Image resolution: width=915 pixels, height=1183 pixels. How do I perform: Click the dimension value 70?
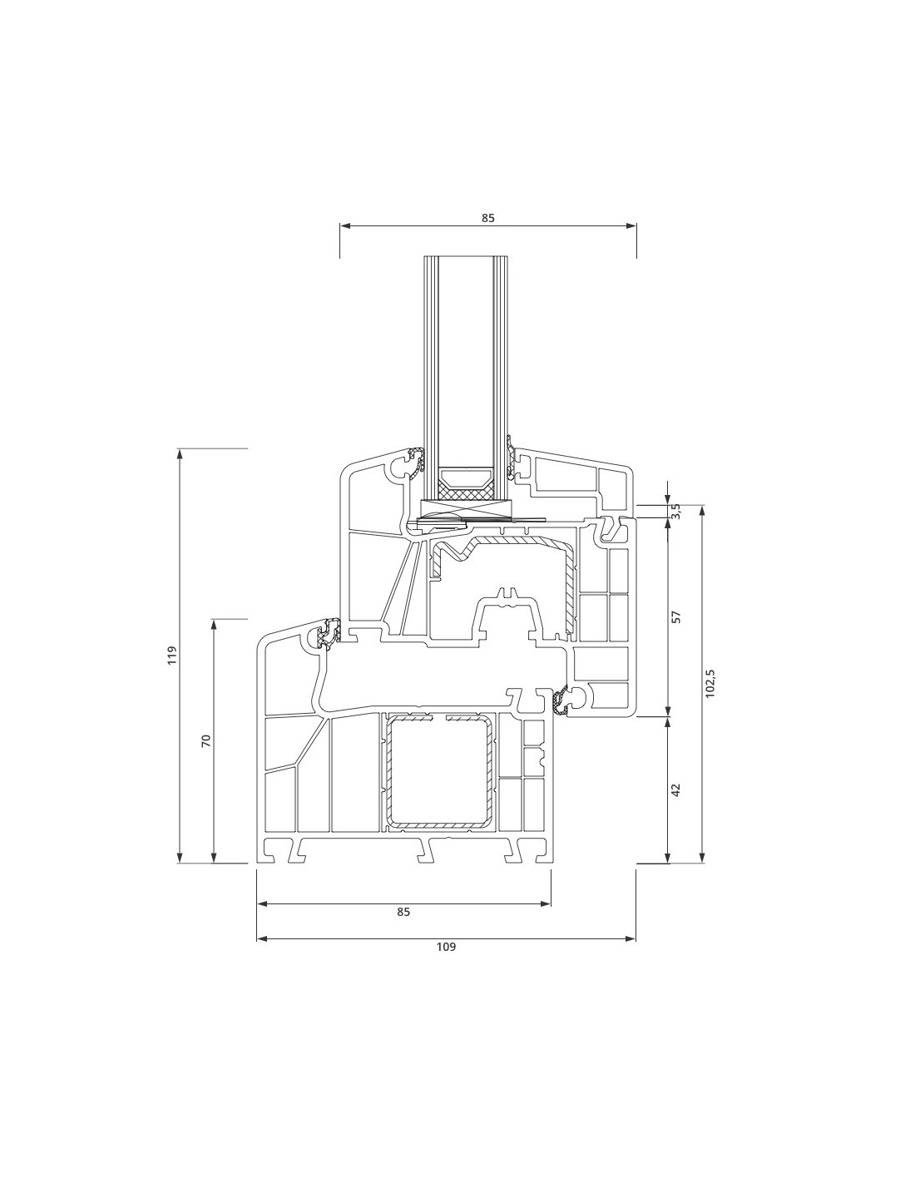(x=205, y=740)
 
